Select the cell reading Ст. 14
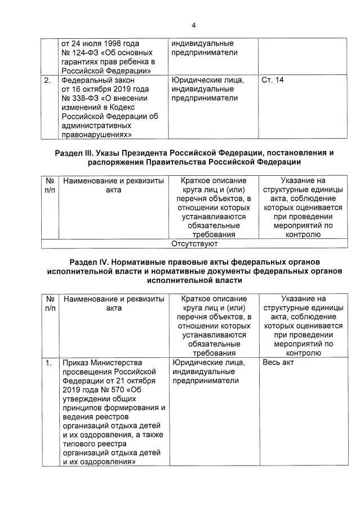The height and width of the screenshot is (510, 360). pos(273,80)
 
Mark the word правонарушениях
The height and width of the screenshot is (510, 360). pos(97,135)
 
